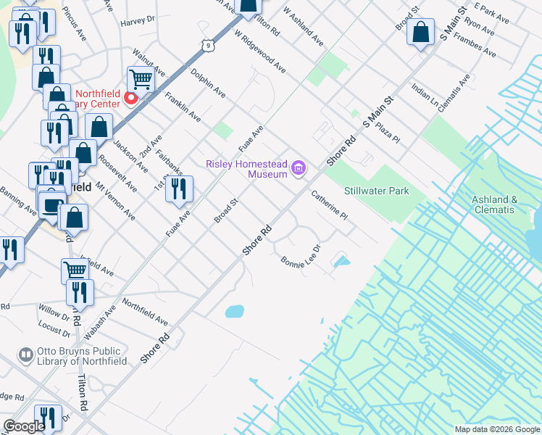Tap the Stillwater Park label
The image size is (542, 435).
point(376,191)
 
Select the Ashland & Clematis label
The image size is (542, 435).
point(495,204)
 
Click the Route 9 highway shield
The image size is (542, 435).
point(209,46)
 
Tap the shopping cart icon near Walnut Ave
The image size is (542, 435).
point(141,80)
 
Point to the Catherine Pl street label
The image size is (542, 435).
point(330,205)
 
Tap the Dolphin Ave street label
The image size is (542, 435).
point(208,83)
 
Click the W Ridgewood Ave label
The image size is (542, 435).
point(259,51)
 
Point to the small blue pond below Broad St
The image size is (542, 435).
point(234,312)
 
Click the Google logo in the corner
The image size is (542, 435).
point(25,426)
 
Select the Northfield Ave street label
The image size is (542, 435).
point(144,312)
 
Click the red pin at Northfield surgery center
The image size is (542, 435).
point(131,99)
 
